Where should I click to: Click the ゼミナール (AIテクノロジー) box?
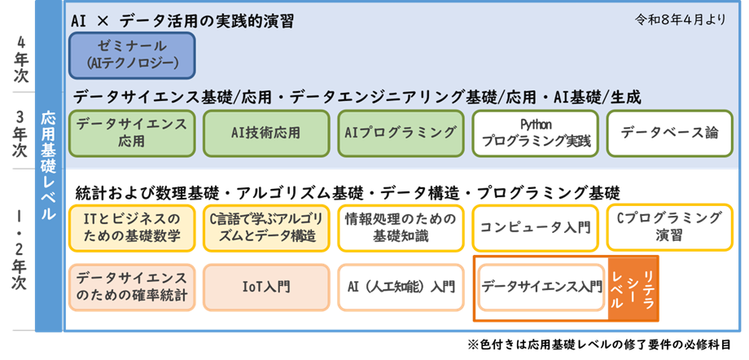pyautogui.click(x=132, y=55)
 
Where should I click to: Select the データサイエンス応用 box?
pyautogui.click(x=132, y=133)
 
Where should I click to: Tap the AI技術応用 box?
pyautogui.click(x=265, y=133)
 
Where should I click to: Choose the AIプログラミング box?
pyautogui.click(x=399, y=133)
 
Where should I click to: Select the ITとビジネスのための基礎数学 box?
pyautogui.click(x=132, y=227)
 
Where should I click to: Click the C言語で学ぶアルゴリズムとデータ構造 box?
pyautogui.click(x=266, y=227)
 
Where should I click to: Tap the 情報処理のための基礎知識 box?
pyautogui.click(x=399, y=227)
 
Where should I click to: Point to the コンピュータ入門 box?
pyautogui.click(x=533, y=227)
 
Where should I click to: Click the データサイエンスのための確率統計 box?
pyautogui.click(x=132, y=287)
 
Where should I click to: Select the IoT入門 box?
pyautogui.click(x=266, y=287)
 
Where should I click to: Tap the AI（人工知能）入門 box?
pyautogui.click(x=399, y=287)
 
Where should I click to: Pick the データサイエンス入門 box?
pyautogui.click(x=541, y=287)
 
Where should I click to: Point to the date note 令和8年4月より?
pyautogui.click(x=680, y=20)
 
